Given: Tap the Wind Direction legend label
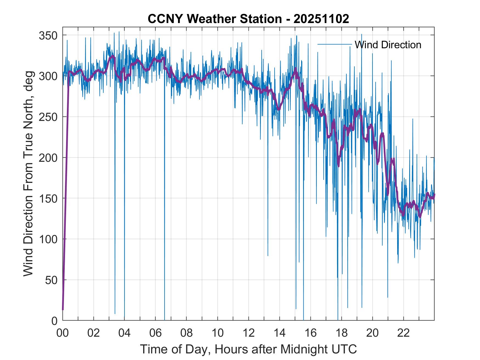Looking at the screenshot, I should pyautogui.click(x=388, y=45).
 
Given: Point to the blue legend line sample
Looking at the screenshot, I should pyautogui.click(x=334, y=44).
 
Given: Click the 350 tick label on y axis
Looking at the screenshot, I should pyautogui.click(x=49, y=35).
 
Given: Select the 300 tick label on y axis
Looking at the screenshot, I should pyautogui.click(x=49, y=76).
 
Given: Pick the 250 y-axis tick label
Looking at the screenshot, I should pyautogui.click(x=49, y=117).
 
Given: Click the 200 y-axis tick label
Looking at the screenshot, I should pyautogui.click(x=49, y=158).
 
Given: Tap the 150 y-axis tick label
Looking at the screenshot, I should pyautogui.click(x=49, y=199).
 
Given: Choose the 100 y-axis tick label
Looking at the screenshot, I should pyautogui.click(x=49, y=239).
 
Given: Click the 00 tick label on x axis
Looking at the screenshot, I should pyautogui.click(x=63, y=333).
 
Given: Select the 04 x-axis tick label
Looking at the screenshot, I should pyautogui.click(x=125, y=333).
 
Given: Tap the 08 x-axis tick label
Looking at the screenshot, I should pyautogui.click(x=187, y=333).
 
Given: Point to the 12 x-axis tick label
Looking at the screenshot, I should pyautogui.click(x=249, y=333).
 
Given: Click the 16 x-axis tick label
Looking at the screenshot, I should pyautogui.click(x=310, y=333).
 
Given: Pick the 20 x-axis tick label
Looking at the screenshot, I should pyautogui.click(x=372, y=333).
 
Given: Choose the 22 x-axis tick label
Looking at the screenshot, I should pyautogui.click(x=403, y=333).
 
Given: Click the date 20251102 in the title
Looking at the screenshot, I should pyautogui.click(x=321, y=19).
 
